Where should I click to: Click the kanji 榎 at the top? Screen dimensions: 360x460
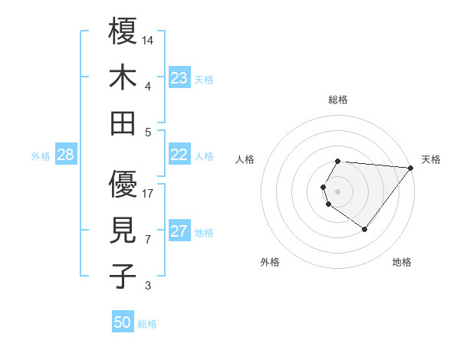click(x=123, y=32)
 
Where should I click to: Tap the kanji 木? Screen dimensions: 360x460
click(x=123, y=77)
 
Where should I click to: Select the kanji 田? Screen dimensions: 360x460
click(x=123, y=123)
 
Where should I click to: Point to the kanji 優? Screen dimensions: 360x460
click(x=123, y=185)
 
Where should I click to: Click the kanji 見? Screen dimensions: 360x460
click(x=123, y=231)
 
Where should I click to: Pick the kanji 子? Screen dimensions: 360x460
click(x=123, y=276)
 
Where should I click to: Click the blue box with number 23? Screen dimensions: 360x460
click(x=179, y=78)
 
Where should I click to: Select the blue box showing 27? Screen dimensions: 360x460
click(x=179, y=232)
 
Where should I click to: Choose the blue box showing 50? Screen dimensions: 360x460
click(x=123, y=322)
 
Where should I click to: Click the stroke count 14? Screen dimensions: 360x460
click(x=148, y=40)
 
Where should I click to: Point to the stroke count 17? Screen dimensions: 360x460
click(x=148, y=193)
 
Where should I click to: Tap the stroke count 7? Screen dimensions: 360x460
click(x=148, y=239)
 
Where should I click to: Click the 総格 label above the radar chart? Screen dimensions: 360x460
click(x=338, y=100)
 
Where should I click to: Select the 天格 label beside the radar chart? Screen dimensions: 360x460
click(x=431, y=159)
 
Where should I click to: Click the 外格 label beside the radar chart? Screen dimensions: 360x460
click(x=270, y=263)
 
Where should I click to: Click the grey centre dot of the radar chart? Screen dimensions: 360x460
click(x=337, y=190)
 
